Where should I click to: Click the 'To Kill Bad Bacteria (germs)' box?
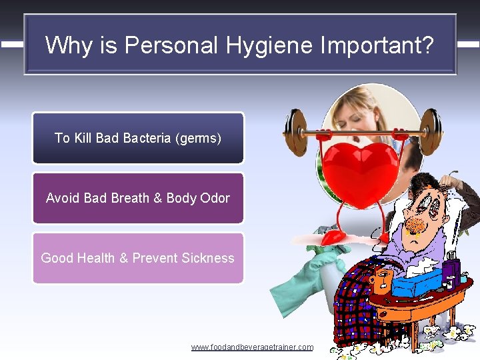[138, 138]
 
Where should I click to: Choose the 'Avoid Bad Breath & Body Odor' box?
[138, 198]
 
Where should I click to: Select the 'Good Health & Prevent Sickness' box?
[138, 258]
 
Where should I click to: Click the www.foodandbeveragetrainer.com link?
[252, 347]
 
